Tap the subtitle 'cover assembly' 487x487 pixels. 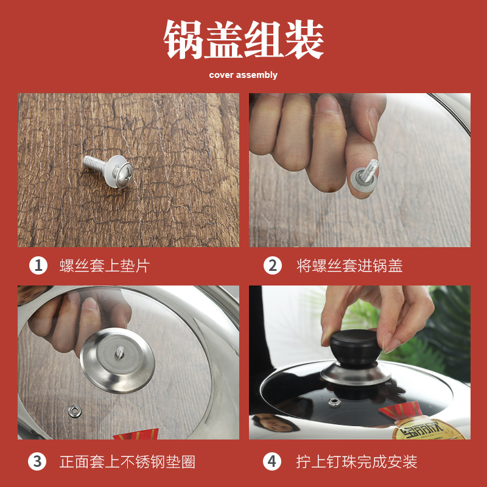pyautogui.click(x=243, y=75)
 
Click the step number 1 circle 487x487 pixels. pyautogui.click(x=38, y=265)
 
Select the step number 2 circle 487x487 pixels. pyautogui.click(x=272, y=265)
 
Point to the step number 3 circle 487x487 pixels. pyautogui.click(x=38, y=461)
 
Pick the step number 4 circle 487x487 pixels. pyautogui.click(x=272, y=461)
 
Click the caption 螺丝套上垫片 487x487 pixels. pyautogui.click(x=104, y=266)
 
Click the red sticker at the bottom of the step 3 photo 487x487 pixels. pyautogui.click(x=136, y=433)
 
